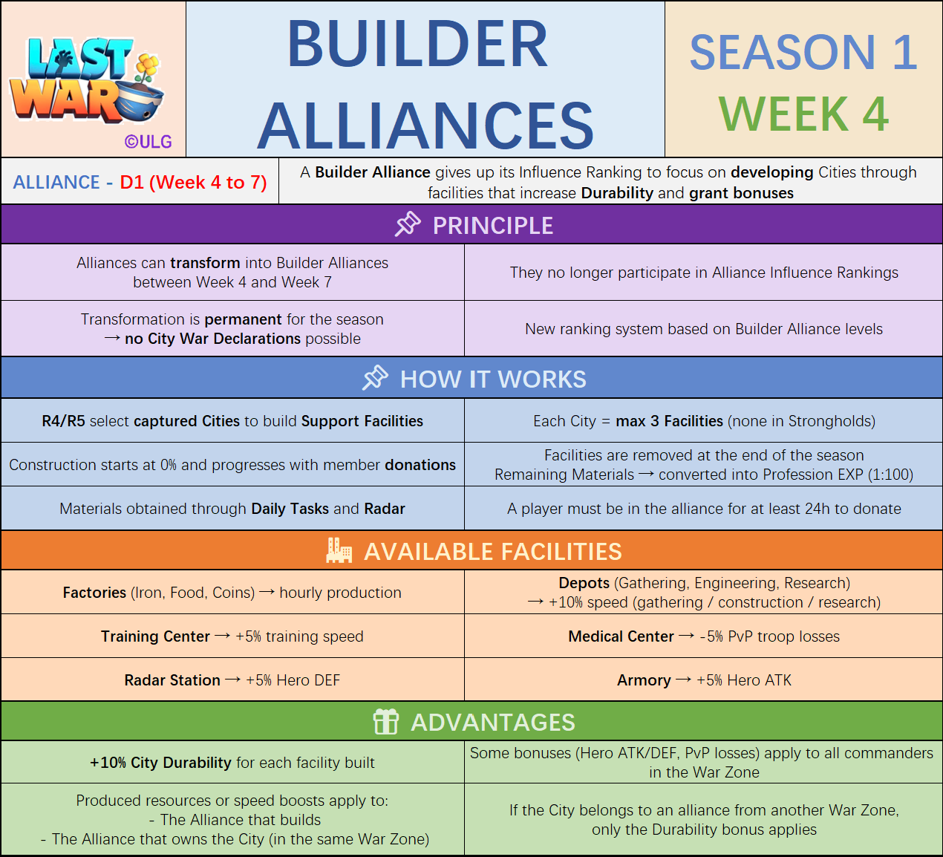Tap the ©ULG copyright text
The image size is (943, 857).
pyautogui.click(x=148, y=142)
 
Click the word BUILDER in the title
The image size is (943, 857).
pyautogui.click(x=417, y=45)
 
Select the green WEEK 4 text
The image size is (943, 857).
pyautogui.click(x=803, y=114)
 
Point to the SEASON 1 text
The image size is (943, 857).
pyautogui.click(x=803, y=53)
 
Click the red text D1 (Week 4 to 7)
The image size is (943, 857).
pyautogui.click(x=193, y=183)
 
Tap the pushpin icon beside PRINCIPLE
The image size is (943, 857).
pyautogui.click(x=408, y=224)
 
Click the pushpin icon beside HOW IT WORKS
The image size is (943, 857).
pyautogui.click(x=375, y=378)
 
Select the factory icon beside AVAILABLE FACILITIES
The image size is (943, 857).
pyautogui.click(x=339, y=551)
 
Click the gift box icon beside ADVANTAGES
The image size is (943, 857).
pyautogui.click(x=385, y=721)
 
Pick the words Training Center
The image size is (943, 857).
pyautogui.click(x=155, y=636)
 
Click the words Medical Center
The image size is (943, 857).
pyautogui.click(x=621, y=636)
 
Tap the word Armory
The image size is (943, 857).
pyautogui.click(x=643, y=680)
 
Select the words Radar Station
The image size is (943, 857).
pyautogui.click(x=172, y=680)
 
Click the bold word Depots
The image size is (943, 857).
pyautogui.click(x=584, y=583)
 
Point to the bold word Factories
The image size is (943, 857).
pyautogui.click(x=94, y=593)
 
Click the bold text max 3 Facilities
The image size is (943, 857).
pyautogui.click(x=669, y=421)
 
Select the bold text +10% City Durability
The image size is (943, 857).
pyautogui.click(x=160, y=763)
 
